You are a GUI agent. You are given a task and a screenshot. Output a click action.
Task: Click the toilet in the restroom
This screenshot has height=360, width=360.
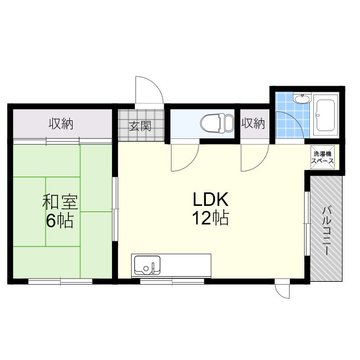tap(217, 123)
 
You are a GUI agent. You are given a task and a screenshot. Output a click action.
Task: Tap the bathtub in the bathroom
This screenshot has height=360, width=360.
tap(325, 115)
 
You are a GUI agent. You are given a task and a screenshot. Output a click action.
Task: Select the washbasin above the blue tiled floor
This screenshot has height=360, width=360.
tap(303, 99)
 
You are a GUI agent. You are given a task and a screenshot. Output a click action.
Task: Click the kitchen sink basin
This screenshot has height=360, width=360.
tap(147, 265)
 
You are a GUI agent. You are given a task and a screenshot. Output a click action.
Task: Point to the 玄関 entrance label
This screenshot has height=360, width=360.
tap(140, 126)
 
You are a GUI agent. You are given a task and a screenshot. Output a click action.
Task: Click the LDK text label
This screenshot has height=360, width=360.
tap(210, 199)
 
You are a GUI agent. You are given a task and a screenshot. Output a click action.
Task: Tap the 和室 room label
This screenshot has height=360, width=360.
tap(60, 202)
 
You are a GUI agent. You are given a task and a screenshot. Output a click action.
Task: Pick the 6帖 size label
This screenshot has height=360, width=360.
tap(60, 220)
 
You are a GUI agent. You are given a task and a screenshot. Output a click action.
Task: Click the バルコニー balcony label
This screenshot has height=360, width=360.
tap(326, 231)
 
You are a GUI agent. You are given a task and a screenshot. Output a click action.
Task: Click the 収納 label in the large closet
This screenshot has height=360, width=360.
tap(61, 124)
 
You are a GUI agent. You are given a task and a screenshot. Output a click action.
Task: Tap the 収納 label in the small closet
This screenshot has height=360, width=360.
tap(253, 123)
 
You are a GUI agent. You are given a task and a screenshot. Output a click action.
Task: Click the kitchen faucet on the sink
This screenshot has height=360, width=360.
tap(153, 268)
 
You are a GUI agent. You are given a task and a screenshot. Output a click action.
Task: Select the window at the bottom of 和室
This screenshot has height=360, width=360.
tap(60, 281)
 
